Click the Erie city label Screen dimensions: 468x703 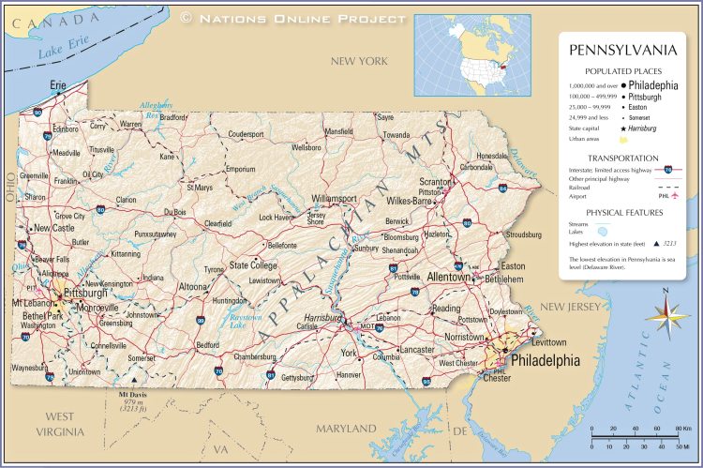point(58,85)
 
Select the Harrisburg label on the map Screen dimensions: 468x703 point(322,318)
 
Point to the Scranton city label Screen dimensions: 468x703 point(436,181)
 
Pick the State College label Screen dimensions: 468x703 point(253,265)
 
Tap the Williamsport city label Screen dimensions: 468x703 point(334,199)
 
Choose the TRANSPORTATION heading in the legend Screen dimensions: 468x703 point(623,158)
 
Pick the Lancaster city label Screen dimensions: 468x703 point(416,349)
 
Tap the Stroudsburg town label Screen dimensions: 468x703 point(523,234)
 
